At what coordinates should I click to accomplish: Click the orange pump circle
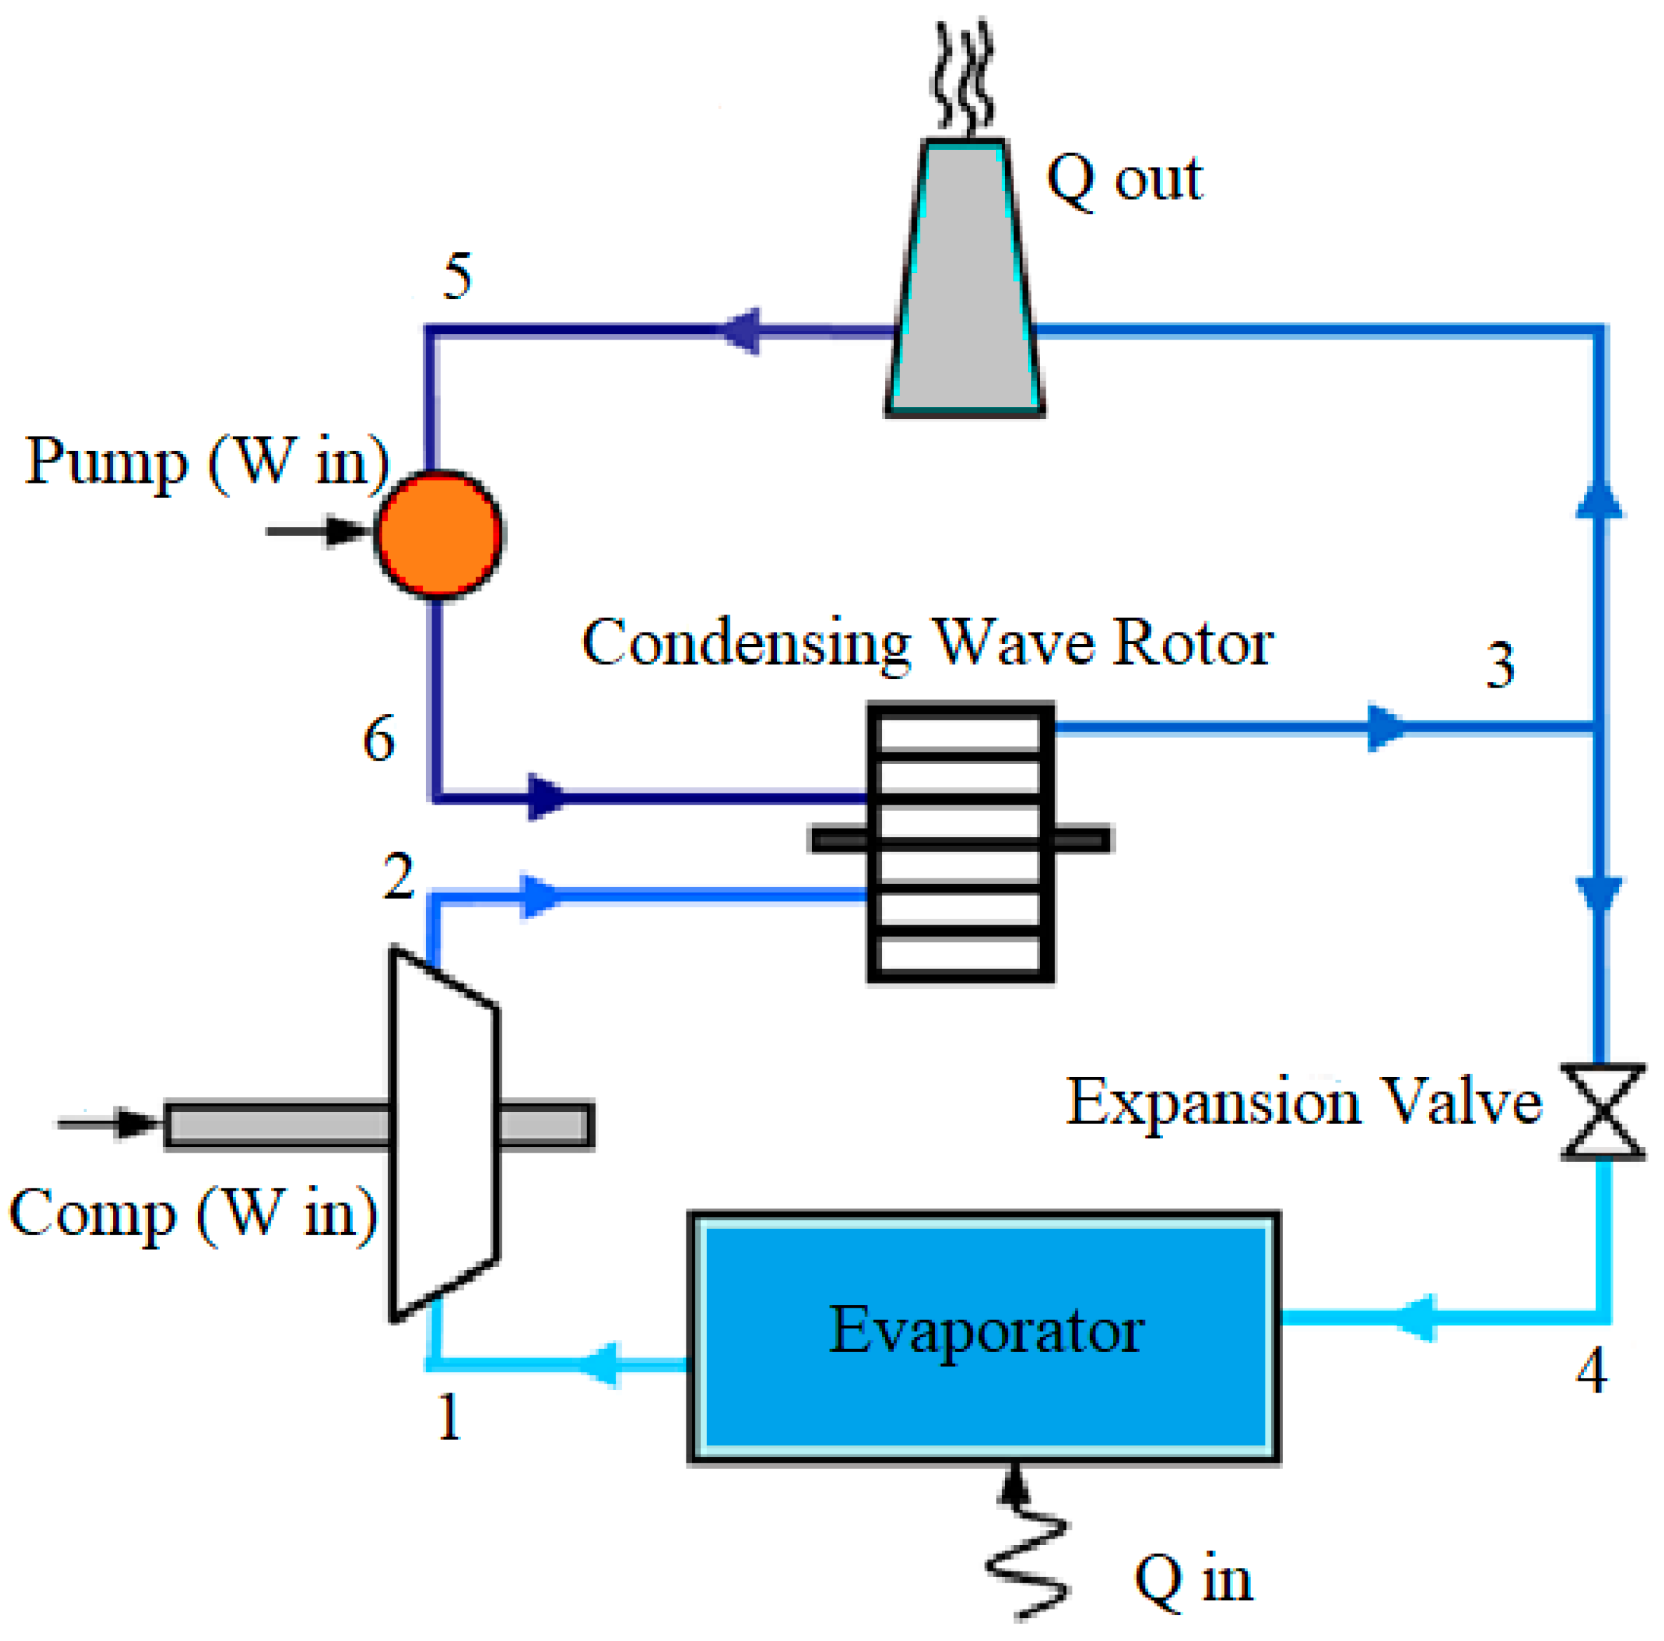439,534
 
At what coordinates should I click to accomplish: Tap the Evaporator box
983,1337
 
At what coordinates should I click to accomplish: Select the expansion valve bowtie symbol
1602,1113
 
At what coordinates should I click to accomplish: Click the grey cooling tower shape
964,284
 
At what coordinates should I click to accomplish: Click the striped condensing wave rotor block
960,841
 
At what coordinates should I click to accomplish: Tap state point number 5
458,276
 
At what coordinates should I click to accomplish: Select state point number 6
378,739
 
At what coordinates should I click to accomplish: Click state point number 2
398,876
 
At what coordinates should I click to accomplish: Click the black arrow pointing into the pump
319,530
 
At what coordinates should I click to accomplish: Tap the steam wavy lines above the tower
963,77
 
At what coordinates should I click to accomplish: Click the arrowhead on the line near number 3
1384,728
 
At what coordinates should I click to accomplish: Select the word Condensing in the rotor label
746,644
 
